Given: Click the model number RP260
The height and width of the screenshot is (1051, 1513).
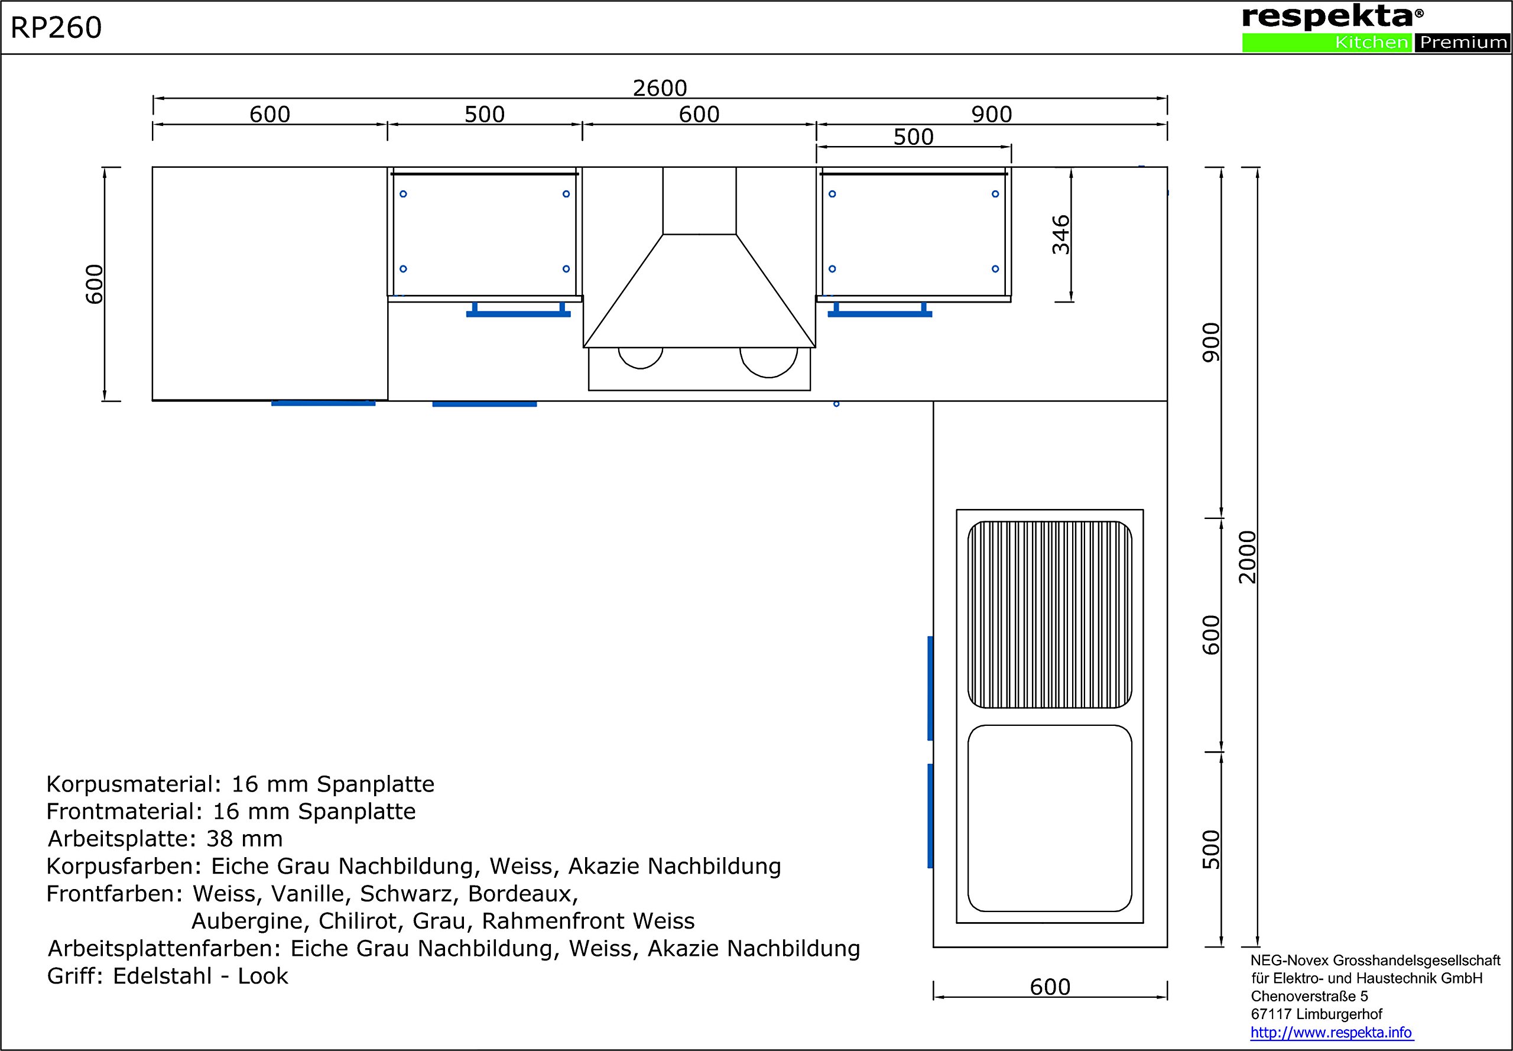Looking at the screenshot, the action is point(56,28).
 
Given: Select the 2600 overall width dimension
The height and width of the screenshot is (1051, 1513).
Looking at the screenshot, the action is point(660,87).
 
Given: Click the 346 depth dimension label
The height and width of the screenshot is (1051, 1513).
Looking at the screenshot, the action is point(1061,235).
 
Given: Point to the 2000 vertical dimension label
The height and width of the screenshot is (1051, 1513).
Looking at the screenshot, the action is point(1247,557).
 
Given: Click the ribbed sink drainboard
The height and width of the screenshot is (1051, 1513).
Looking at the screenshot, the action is point(1050,614).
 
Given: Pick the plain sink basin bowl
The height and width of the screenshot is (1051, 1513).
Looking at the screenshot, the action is point(1050,818).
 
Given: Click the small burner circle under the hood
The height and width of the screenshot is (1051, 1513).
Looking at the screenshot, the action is point(641,358).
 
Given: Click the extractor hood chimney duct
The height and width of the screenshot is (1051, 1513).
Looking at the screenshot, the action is point(699,200).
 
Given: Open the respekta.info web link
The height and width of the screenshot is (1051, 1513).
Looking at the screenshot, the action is point(1332,1032).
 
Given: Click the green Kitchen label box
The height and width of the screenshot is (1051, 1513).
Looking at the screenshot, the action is point(1327,42).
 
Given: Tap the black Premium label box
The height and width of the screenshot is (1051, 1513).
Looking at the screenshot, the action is point(1462,42).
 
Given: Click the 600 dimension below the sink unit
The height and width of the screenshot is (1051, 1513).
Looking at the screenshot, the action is point(1050,987).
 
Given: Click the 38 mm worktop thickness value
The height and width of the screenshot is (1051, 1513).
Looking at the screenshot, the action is point(244,838).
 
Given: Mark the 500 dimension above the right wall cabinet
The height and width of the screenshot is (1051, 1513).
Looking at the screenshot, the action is point(913,137).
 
